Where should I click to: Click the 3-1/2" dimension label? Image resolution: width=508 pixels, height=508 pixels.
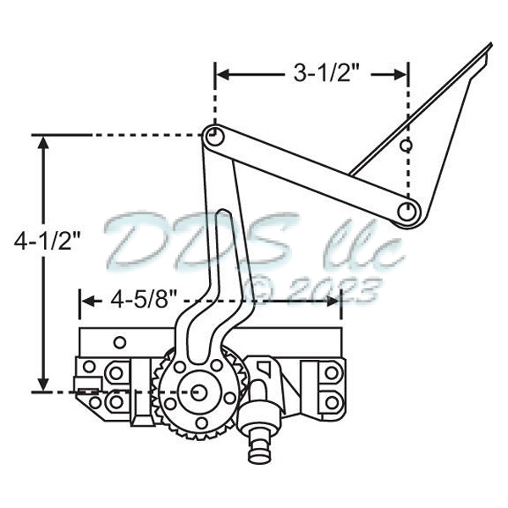tap(327, 74)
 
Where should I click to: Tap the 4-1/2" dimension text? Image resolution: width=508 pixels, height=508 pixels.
tap(47, 242)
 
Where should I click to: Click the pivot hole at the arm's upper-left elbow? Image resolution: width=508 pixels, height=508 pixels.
tap(213, 135)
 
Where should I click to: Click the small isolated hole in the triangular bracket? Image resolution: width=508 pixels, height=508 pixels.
tap(406, 145)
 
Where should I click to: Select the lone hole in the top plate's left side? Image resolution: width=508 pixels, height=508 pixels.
tap(119, 342)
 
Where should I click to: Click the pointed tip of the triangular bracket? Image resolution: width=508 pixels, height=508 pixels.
tap(490, 45)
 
